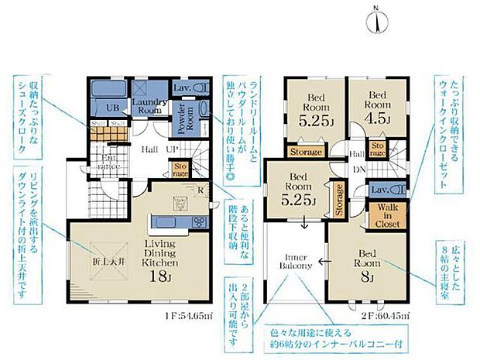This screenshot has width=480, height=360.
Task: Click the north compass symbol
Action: (x=375, y=19)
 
